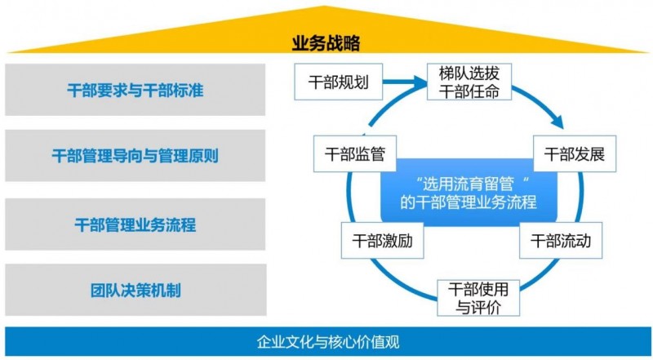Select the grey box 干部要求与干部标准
tap(135, 91)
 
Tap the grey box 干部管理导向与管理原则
tap(135, 155)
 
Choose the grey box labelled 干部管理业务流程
tap(135, 222)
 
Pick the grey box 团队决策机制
tap(135, 288)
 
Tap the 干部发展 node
tap(568, 153)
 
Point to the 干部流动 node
tap(555, 242)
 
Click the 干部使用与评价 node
tap(478, 298)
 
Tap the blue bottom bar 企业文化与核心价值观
tap(326, 342)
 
